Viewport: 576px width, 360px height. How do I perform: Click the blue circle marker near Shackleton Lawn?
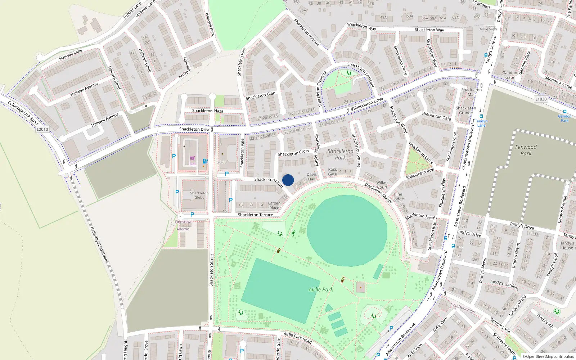288,180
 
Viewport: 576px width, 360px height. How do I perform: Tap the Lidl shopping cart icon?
193,158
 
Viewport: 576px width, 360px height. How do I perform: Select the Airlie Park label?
321,289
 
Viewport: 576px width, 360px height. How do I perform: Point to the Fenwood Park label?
526,150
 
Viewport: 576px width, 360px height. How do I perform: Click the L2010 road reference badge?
42,129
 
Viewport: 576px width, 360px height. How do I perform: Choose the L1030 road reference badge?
541,99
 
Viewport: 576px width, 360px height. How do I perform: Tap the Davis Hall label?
312,176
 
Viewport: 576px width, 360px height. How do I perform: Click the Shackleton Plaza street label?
208,111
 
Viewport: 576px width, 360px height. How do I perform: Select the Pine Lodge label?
398,197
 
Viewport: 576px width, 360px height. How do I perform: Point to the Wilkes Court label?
382,185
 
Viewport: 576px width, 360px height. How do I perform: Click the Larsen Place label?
274,206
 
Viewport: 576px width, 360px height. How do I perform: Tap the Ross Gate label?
332,172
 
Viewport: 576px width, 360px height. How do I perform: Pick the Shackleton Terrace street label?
256,215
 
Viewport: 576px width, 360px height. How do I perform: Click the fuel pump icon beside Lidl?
205,161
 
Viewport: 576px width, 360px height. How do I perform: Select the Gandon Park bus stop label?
564,118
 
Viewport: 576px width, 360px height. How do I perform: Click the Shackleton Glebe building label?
199,195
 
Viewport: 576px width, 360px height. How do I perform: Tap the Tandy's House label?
567,245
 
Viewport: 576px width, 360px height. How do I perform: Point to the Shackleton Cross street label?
293,153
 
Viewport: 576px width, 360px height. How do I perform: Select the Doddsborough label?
463,307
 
